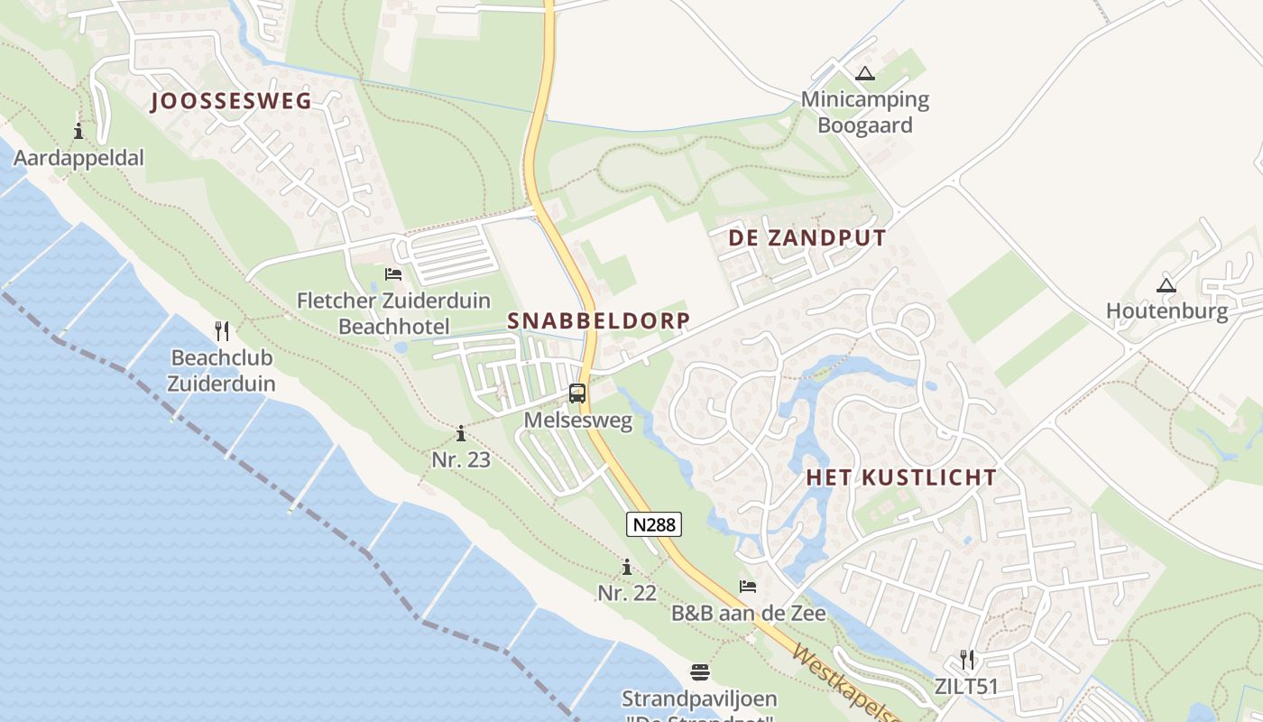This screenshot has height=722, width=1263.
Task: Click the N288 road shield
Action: [x=654, y=524]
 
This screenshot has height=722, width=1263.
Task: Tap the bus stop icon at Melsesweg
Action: [x=577, y=393]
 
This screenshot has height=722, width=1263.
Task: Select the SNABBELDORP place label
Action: [x=599, y=320]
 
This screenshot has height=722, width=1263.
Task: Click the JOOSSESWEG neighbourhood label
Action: [x=231, y=101]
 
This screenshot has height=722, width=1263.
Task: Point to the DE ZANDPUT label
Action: [x=808, y=238]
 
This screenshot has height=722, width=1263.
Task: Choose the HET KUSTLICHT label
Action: [x=901, y=477]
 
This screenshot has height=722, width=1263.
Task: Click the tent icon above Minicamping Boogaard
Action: [x=865, y=73]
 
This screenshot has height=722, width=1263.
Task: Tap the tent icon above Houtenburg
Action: [x=1166, y=286]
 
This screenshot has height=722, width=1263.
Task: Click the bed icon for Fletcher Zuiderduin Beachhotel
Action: [x=393, y=273]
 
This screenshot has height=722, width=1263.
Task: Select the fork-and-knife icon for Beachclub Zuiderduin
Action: [x=222, y=330]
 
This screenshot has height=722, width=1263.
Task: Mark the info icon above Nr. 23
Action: [x=461, y=433]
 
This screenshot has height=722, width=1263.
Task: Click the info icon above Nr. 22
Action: [x=627, y=567]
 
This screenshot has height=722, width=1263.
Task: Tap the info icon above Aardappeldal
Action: [x=78, y=131]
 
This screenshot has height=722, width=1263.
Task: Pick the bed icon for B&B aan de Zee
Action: [x=748, y=587]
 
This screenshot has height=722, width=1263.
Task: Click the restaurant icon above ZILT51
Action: [x=967, y=659]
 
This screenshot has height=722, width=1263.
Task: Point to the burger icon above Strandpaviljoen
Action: [x=700, y=672]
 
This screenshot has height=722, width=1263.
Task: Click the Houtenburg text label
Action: [x=1166, y=312]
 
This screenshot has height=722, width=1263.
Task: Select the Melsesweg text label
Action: [x=577, y=421]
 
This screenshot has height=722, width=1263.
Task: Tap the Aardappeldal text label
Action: [x=78, y=159]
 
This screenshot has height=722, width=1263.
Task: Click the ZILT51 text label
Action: [x=966, y=687]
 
